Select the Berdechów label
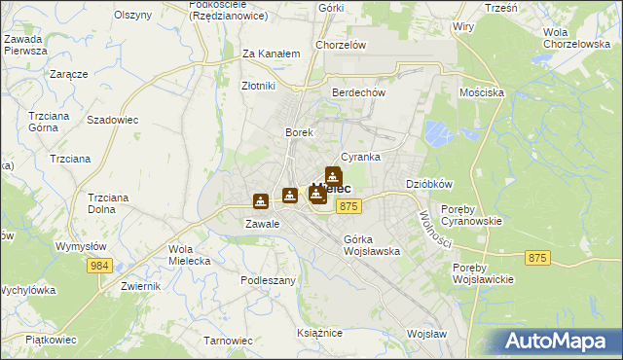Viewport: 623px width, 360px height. tap(359, 92)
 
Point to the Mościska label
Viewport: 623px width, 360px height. tap(481, 92)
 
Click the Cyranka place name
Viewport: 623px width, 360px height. tap(360, 157)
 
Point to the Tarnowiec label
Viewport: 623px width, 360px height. tap(228, 341)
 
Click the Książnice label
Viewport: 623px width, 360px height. tap(319, 333)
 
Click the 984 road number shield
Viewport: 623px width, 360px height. tap(103, 266)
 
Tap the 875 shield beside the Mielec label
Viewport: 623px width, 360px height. tap(350, 206)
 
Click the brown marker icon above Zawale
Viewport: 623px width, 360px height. tap(261, 201)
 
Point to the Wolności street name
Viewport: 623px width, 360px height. tap(434, 229)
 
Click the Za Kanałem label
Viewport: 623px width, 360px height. tap(271, 54)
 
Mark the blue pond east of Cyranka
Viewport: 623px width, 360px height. tap(440, 132)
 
